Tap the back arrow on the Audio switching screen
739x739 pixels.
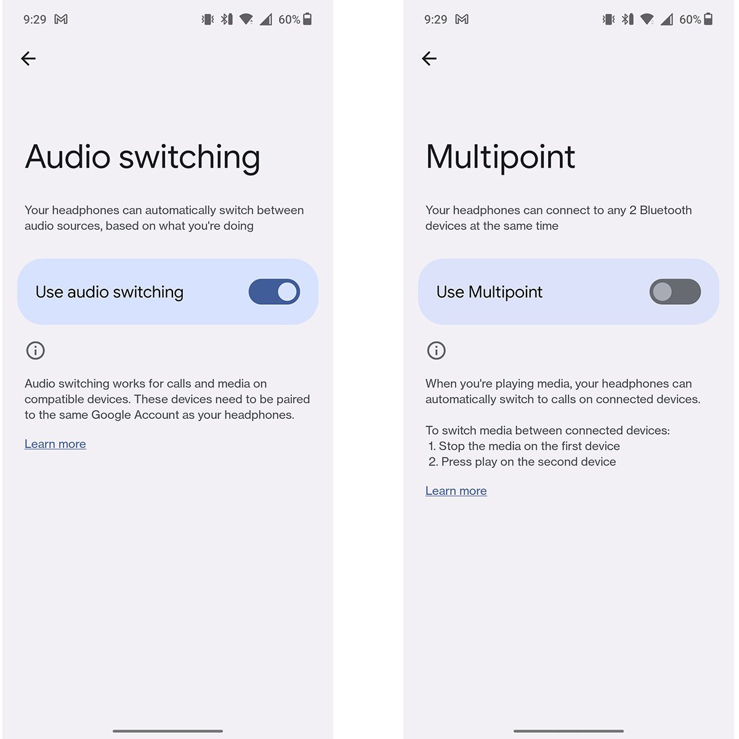[x=28, y=59]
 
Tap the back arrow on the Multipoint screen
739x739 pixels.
[x=429, y=59]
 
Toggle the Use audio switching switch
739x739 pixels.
[x=274, y=292]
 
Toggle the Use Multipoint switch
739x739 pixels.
[x=675, y=292]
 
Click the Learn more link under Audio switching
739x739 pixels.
[x=55, y=444]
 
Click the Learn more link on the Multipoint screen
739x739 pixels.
[x=456, y=491]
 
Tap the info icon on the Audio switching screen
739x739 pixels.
[x=35, y=350]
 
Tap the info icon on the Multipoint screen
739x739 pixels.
[x=436, y=350]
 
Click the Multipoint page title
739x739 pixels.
[x=500, y=157]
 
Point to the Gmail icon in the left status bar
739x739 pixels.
[x=61, y=19]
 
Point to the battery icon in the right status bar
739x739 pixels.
[x=708, y=19]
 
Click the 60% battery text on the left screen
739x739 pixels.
[x=289, y=20]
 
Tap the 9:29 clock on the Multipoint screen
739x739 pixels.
[x=435, y=20]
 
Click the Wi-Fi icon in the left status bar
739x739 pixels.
[x=246, y=19]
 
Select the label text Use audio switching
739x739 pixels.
[x=110, y=293]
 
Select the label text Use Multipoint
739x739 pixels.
[x=490, y=293]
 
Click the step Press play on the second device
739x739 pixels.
[x=528, y=462]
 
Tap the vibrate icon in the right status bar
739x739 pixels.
[x=608, y=19]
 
